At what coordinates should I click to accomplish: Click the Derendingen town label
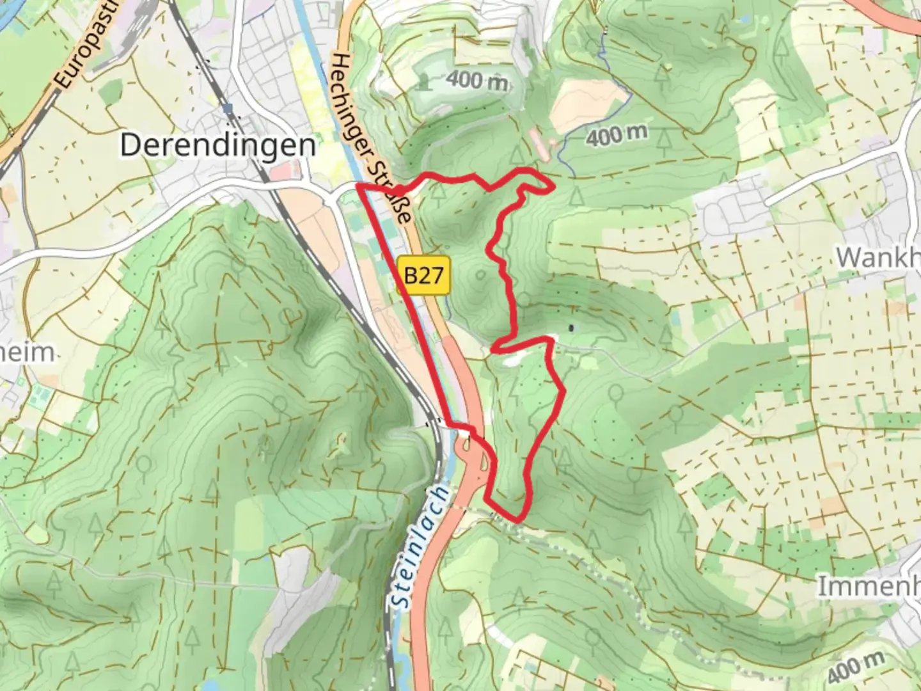pos(217,146)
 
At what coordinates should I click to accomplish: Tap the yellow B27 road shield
pos(423,276)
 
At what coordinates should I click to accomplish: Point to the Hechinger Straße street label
pos(371,138)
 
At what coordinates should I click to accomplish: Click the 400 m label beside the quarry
pos(477,81)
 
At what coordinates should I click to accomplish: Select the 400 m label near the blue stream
pos(617,135)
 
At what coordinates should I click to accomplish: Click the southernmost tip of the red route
pos(517,519)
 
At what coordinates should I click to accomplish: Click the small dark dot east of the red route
pos(571,329)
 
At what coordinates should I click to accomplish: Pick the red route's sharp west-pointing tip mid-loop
pos(493,349)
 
